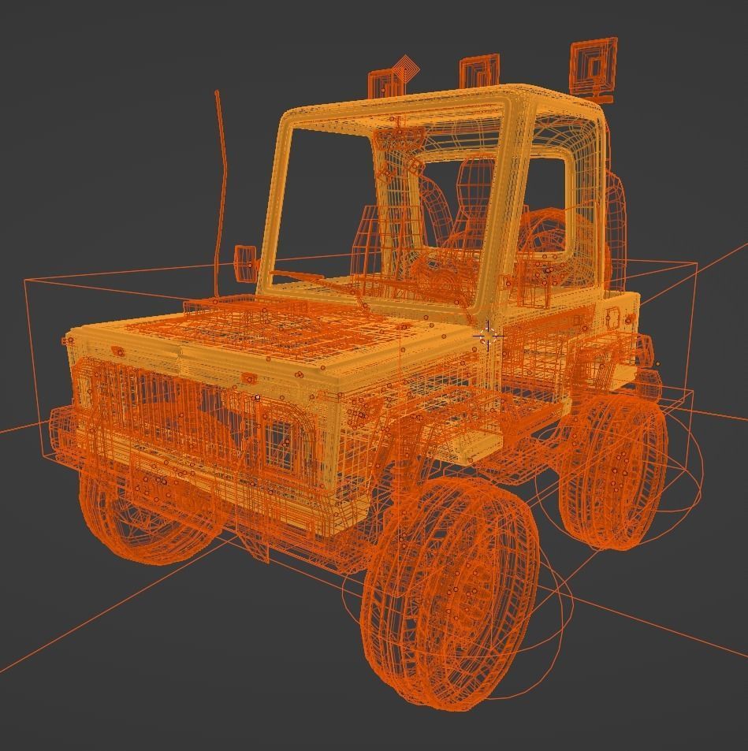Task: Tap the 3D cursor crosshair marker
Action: [x=488, y=335]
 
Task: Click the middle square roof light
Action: [x=479, y=72]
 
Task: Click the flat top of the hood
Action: [x=260, y=331]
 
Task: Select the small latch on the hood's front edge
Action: [x=118, y=351]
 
